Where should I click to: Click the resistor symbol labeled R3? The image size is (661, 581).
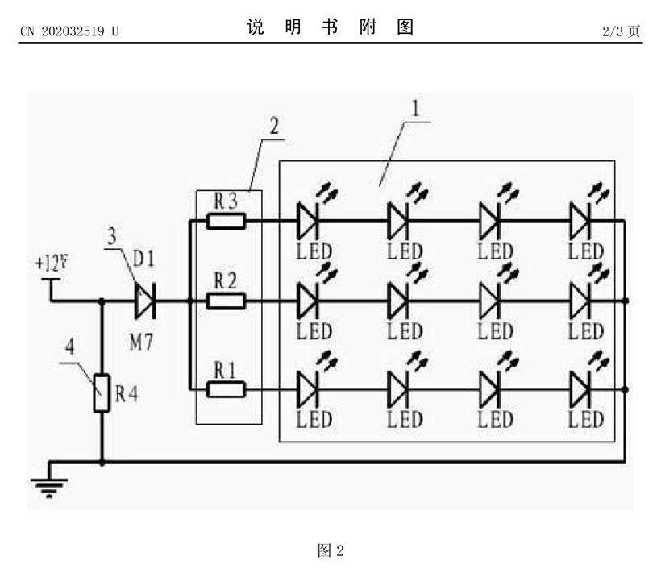click(x=227, y=220)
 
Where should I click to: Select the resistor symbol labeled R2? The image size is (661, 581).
click(x=227, y=301)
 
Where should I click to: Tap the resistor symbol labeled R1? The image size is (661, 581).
click(x=227, y=390)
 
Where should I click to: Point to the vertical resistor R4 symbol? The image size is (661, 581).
click(x=102, y=393)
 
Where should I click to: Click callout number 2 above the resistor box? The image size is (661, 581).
click(x=275, y=126)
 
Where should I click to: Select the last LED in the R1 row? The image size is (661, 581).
click(x=582, y=390)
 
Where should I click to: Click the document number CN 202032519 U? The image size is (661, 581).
click(x=69, y=31)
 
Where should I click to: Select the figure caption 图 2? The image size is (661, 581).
click(x=331, y=551)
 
